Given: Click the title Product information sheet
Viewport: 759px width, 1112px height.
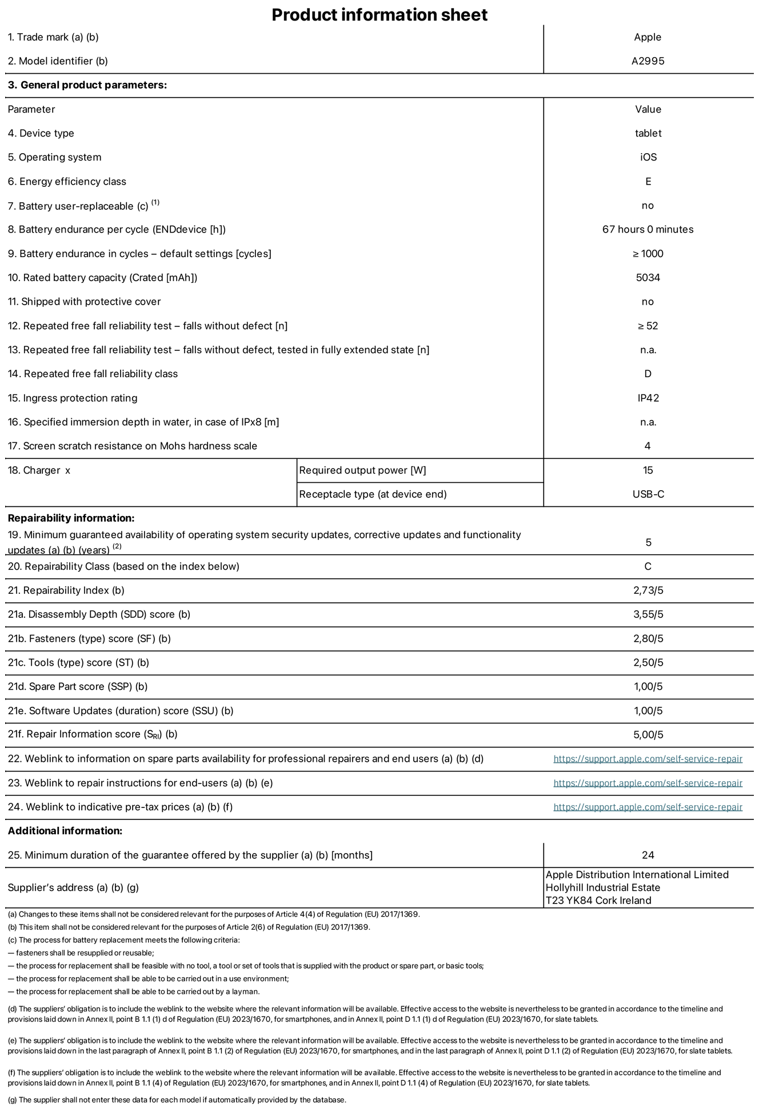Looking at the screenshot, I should tap(379, 15).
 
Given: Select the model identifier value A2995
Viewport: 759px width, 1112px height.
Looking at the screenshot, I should tap(648, 61).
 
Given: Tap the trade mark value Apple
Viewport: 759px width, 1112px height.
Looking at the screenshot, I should tap(648, 37).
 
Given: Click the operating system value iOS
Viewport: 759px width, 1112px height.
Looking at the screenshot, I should tap(648, 157).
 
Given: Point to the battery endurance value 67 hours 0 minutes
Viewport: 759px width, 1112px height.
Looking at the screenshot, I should tap(648, 229).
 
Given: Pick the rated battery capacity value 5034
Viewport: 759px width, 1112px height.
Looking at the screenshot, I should tap(648, 278).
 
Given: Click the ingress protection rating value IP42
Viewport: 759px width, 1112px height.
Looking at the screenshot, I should tap(648, 398).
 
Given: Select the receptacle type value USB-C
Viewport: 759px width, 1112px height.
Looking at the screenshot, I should tap(648, 494).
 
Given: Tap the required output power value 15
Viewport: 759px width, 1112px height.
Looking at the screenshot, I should tap(648, 470).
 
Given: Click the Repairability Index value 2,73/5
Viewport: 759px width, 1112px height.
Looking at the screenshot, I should tap(648, 590).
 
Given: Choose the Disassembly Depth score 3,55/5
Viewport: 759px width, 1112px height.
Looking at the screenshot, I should tap(648, 614).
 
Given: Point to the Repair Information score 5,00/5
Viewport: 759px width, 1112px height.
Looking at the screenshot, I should tap(648, 735).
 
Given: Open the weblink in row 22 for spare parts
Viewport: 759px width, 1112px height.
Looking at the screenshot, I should tap(648, 759).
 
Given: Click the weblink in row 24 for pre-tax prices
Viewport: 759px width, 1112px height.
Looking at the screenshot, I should tap(648, 807).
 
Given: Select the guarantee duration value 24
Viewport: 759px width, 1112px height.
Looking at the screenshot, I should tap(648, 855).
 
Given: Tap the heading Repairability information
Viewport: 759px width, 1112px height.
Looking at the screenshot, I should tap(71, 518).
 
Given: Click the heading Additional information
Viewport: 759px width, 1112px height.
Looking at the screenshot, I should tap(65, 831).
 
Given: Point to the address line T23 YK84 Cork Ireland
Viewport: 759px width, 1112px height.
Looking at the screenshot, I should tap(598, 901).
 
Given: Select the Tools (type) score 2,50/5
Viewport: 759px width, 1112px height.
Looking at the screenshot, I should tap(648, 663).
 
